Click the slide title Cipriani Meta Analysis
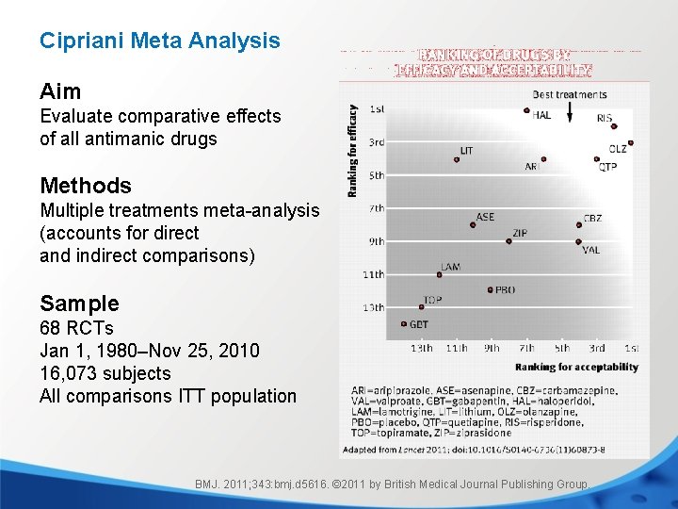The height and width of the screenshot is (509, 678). pos(159,41)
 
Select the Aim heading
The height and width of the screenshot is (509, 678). pos(60,91)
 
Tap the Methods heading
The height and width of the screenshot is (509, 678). pos(86,186)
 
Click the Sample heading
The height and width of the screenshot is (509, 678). pos(79,304)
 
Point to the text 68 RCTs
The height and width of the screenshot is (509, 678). pos(76,328)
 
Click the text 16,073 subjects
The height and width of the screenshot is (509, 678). pos(105,373)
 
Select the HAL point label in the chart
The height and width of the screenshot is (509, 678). pos(541,116)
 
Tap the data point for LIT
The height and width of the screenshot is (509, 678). pos(457,159)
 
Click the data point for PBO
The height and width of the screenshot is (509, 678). pos(490,289)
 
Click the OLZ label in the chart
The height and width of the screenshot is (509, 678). pos(618,149)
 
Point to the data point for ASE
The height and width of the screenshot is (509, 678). pos(473,224)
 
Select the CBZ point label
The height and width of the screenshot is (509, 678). pos(592,218)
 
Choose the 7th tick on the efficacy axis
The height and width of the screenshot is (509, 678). pos(376,208)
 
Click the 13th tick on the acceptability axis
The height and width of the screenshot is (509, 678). pos(422,349)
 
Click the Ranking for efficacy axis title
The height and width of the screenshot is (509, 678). pos(353,151)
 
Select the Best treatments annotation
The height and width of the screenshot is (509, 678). pos(569,94)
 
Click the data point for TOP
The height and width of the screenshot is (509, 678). pos(421,307)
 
